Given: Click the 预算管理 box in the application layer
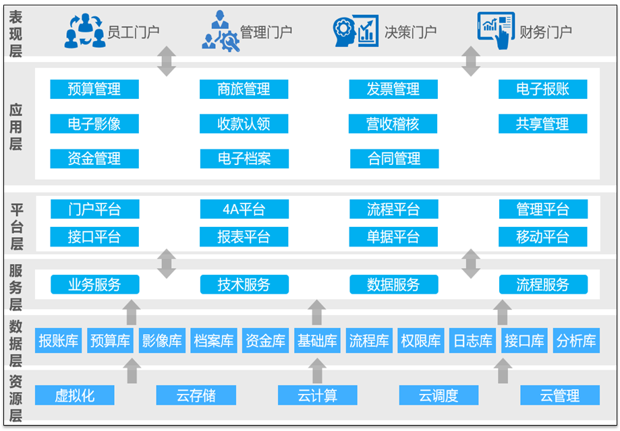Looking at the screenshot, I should point(94,89).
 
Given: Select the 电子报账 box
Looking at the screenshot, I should point(542,89).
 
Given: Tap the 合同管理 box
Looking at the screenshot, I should point(394,159).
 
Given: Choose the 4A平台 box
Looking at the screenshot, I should point(244,209).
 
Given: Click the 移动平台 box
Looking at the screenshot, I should point(542,237).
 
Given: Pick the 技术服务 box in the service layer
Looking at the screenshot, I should point(244,285).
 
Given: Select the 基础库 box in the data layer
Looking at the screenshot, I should point(317,341).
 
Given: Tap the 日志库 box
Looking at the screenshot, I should point(472,341).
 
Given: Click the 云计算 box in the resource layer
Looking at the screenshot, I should point(317,396).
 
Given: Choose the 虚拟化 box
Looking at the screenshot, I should point(75,396).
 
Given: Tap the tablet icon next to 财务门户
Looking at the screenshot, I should point(496,30).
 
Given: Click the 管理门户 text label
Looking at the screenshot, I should point(266,32).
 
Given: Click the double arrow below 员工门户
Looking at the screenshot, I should point(167,62).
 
